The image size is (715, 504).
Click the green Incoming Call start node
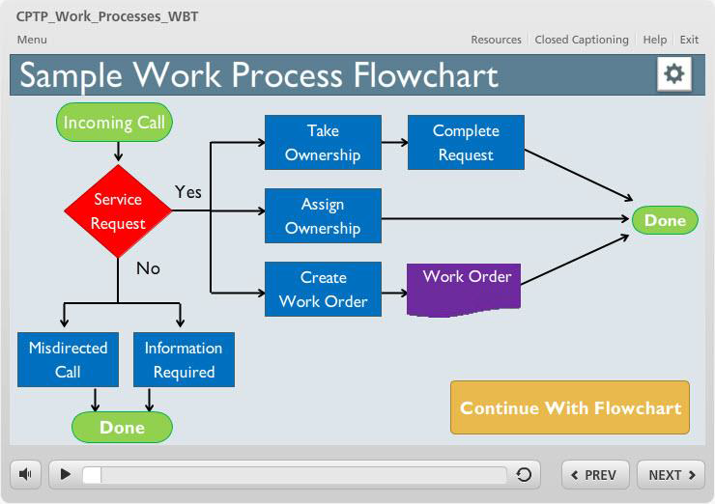(114, 122)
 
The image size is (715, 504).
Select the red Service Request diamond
(118, 211)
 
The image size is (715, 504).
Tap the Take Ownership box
(323, 143)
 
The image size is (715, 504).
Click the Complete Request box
(466, 143)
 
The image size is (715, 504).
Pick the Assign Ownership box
(323, 215)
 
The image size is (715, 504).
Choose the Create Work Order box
(323, 289)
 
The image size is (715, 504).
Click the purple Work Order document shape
(464, 290)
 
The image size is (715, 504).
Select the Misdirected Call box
(68, 359)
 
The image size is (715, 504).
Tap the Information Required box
(184, 359)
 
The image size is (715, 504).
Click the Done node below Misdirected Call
(122, 427)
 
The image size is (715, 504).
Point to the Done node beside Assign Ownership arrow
(665, 220)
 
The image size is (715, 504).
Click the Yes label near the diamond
(187, 192)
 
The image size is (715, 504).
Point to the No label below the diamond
(148, 268)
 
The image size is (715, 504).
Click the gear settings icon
(674, 73)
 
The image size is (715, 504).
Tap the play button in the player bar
(66, 474)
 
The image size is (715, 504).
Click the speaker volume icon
(25, 474)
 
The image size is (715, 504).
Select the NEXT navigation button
(671, 475)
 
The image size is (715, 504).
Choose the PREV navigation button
(595, 475)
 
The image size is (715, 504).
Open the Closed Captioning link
(582, 40)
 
